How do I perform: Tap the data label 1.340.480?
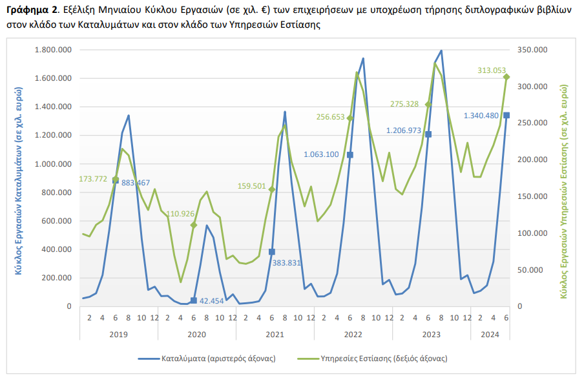[x=481, y=116]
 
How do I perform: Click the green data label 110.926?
[x=182, y=214]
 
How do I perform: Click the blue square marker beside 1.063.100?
[x=350, y=155]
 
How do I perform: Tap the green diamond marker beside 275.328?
[x=428, y=105]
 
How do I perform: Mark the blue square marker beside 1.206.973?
[x=428, y=134]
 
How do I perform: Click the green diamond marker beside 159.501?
[x=272, y=189]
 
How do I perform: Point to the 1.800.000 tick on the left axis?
[x=53, y=50]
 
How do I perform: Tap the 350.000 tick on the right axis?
[x=534, y=50]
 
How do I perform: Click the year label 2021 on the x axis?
[x=275, y=334]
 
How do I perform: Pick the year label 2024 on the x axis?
[x=490, y=334]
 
